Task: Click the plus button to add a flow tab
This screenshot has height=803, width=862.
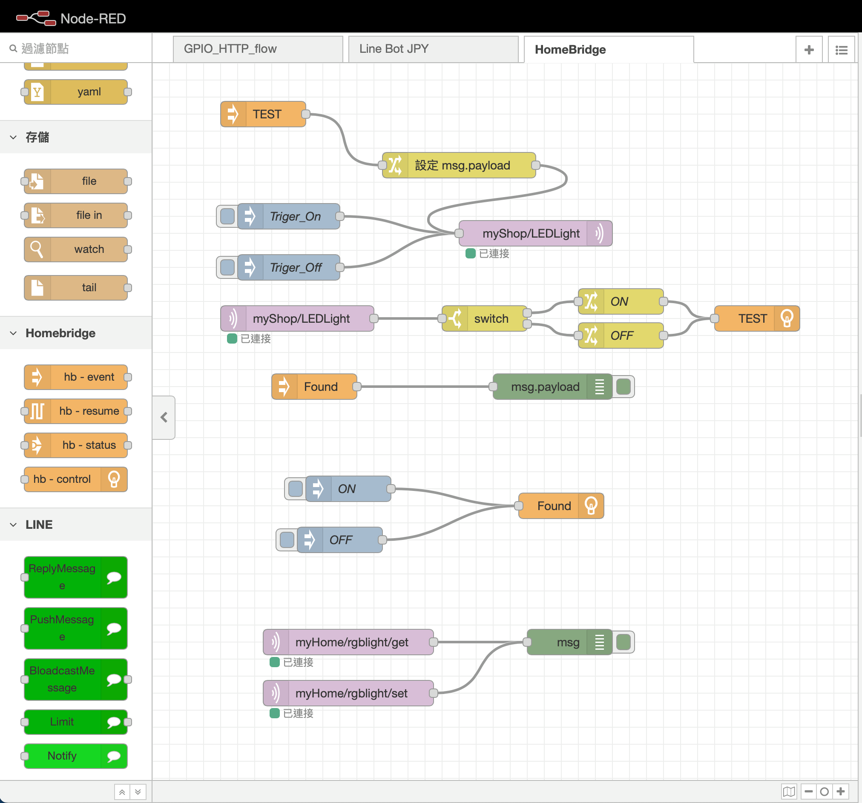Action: (809, 50)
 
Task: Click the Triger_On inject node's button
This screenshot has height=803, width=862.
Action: (227, 216)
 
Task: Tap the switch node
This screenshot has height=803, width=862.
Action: (484, 318)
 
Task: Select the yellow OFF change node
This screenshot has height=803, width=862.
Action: (621, 336)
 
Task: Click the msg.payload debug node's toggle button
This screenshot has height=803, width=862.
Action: (624, 387)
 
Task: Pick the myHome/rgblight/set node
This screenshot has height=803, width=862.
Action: (348, 693)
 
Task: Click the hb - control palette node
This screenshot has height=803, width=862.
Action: (76, 479)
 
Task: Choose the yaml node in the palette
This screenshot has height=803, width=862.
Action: (76, 92)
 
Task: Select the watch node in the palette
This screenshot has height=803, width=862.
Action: (76, 250)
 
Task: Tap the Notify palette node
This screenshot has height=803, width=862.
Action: (76, 756)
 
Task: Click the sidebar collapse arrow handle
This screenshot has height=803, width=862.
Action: (164, 418)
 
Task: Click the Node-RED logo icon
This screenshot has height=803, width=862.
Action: (36, 18)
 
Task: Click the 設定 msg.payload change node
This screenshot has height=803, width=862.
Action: (459, 165)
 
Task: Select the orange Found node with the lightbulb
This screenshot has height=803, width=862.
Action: (561, 505)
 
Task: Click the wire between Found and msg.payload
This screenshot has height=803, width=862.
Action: (425, 387)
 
